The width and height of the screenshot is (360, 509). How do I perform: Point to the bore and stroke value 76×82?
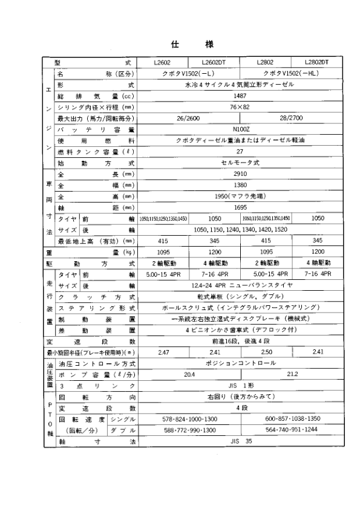click(240, 106)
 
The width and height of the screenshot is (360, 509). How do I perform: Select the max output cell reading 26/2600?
click(189, 118)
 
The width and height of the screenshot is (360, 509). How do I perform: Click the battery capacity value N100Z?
click(240, 129)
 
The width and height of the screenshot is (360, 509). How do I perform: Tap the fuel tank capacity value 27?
click(240, 151)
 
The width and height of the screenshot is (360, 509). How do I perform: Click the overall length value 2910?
click(240, 174)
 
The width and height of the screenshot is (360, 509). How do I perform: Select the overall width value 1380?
click(240, 185)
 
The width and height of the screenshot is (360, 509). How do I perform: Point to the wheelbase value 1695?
click(240, 207)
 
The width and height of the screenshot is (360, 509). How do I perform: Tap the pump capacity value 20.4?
click(189, 375)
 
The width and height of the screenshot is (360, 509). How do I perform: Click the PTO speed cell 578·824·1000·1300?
click(189, 420)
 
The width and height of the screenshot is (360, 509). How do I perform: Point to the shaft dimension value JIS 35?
click(240, 442)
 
